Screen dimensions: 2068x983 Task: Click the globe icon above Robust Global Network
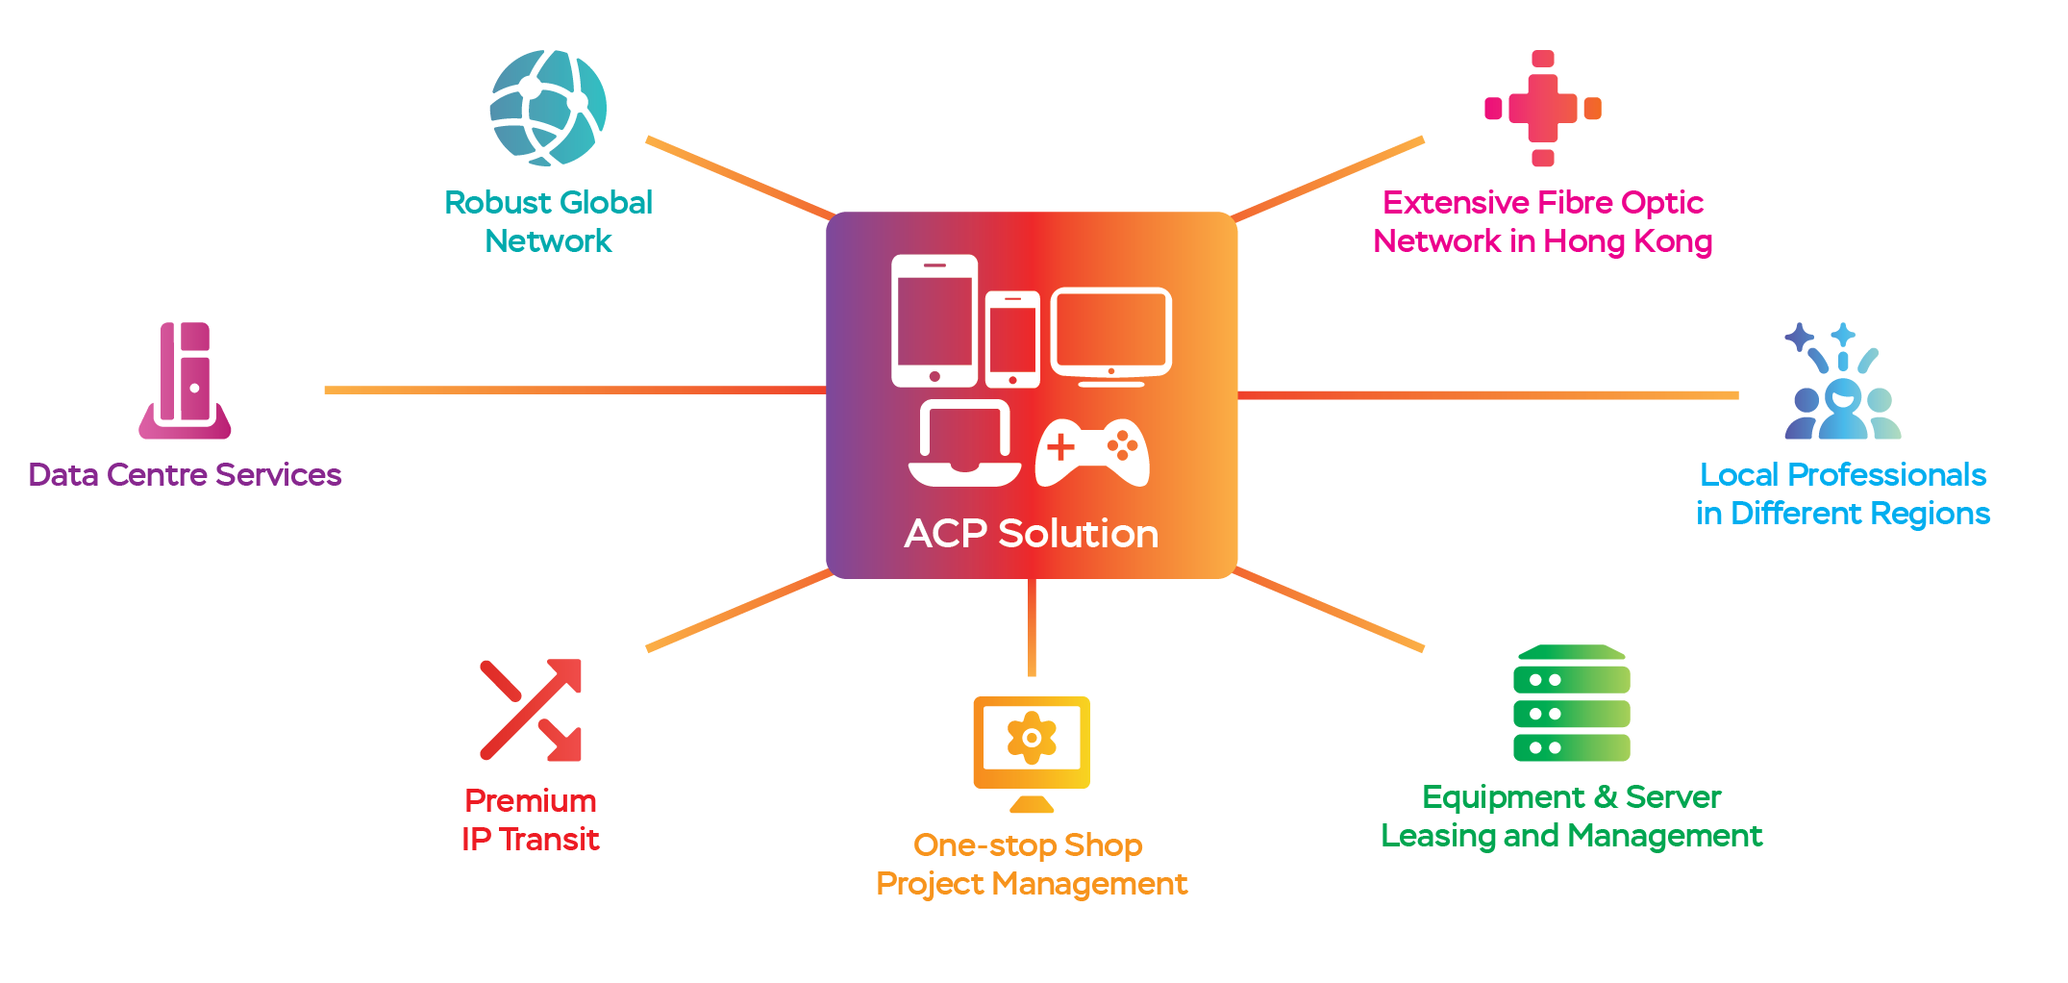click(x=548, y=108)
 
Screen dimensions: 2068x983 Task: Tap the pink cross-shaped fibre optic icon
click(x=1542, y=109)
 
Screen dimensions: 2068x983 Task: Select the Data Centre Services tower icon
click(x=185, y=381)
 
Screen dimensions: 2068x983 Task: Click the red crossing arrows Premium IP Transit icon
click(x=531, y=710)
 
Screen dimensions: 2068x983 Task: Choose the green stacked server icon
click(x=1572, y=703)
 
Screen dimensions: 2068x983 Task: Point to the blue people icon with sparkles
click(x=1842, y=381)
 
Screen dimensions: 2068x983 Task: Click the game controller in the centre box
click(x=1092, y=452)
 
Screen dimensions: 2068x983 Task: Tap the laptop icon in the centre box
click(x=965, y=443)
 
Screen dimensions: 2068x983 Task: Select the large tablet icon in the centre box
click(x=934, y=321)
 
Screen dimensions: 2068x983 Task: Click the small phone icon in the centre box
click(x=1012, y=340)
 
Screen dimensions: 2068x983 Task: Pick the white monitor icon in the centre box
click(x=1111, y=337)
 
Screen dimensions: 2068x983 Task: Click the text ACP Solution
click(x=1032, y=534)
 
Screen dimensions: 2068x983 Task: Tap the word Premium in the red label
click(x=531, y=800)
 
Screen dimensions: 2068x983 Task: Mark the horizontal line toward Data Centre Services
click(x=576, y=391)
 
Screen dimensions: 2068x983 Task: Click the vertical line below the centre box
click(x=1032, y=627)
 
